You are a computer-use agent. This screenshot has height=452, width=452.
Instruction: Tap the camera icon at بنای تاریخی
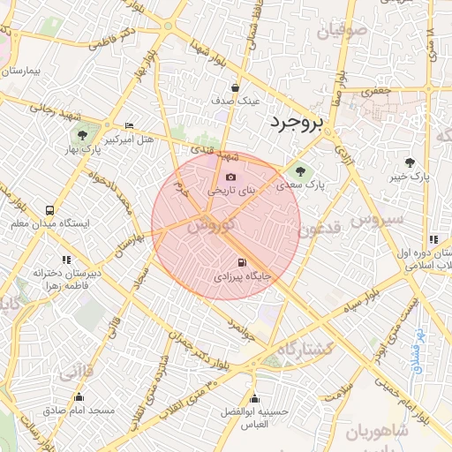point(230,177)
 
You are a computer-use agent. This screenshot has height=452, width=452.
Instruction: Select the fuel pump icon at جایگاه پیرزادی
point(242,262)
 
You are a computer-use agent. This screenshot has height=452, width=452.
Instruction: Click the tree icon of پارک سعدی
point(300,170)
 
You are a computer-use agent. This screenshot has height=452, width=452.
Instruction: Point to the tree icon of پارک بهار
point(82,136)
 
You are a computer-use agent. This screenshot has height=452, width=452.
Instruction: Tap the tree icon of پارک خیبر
point(410,162)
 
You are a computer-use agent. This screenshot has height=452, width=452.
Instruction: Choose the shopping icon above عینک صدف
point(235,88)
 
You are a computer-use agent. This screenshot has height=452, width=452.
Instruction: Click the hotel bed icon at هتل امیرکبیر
point(130,126)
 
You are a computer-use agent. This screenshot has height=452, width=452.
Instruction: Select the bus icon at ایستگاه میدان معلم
point(49,211)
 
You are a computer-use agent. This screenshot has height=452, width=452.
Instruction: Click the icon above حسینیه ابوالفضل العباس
point(254,398)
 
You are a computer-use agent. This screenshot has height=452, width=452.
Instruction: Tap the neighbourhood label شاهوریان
point(374,433)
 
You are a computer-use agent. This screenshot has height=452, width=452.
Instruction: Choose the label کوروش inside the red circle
point(211,225)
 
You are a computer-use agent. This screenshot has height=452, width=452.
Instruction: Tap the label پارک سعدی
point(300,186)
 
